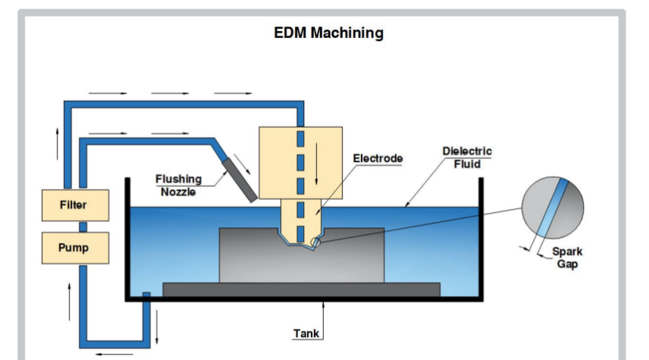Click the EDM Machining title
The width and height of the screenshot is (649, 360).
coord(328,33)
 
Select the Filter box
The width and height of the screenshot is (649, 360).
coord(75,205)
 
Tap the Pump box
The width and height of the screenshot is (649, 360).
coord(75,248)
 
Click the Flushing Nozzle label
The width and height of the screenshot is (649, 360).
coord(179,185)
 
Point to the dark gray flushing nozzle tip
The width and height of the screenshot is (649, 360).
coord(239,181)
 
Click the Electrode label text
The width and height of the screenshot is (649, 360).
coord(378,159)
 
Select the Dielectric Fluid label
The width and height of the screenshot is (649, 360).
coord(467,158)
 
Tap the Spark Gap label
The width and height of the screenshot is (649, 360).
coord(567,257)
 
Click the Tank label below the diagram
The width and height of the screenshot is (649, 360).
coord(306,333)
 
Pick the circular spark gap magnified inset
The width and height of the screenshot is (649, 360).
coord(553,208)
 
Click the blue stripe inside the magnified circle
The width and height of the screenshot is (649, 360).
coord(552,208)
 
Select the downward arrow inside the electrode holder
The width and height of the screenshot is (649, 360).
coord(317,164)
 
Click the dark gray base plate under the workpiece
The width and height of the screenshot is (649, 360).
coord(301,289)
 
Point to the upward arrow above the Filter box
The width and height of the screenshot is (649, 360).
coord(57,144)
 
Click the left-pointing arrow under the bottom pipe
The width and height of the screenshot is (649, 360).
coord(114,354)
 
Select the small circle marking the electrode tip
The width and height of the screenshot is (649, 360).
coord(315,242)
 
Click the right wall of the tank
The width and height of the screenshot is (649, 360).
coord(481,238)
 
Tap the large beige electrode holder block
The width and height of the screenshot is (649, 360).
coord(300,163)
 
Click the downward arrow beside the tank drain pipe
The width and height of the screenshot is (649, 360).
coord(157,327)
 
